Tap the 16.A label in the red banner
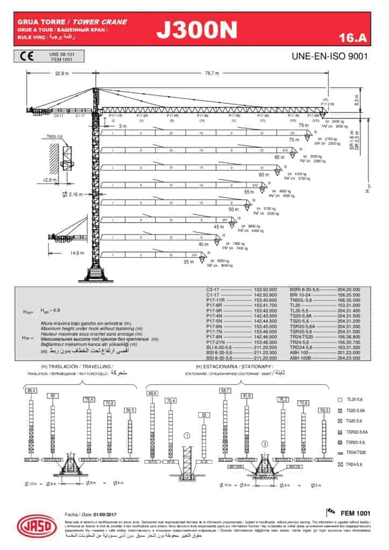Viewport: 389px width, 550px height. (x=352, y=37)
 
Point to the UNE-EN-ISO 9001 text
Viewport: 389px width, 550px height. (x=329, y=56)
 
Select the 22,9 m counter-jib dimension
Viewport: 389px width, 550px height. (x=62, y=74)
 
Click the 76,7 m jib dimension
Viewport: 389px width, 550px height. (x=212, y=74)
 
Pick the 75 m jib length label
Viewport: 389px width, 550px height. (x=303, y=125)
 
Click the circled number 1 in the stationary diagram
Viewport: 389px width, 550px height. (x=187, y=436)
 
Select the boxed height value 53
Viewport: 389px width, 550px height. (x=203, y=415)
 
